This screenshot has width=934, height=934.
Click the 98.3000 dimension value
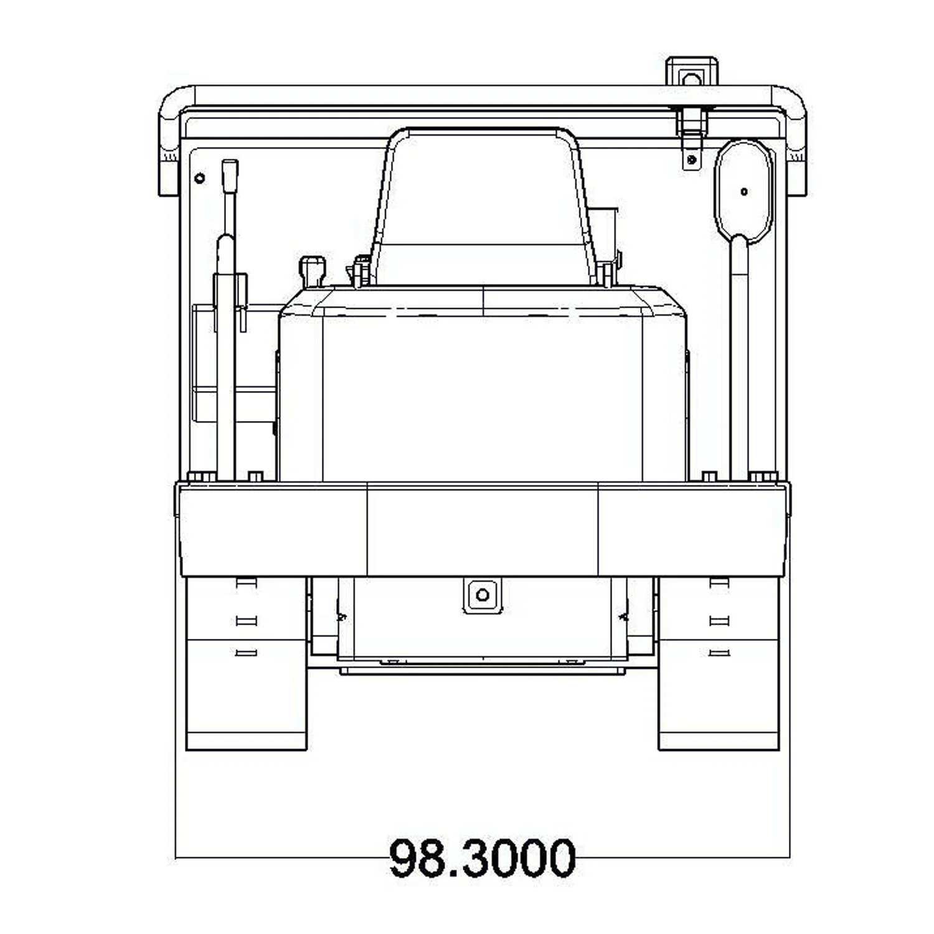(x=483, y=858)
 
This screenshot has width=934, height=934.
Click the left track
(x=247, y=664)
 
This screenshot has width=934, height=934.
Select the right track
(x=719, y=664)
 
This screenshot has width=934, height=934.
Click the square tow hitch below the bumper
(x=483, y=595)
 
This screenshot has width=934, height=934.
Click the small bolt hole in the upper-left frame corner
(x=199, y=179)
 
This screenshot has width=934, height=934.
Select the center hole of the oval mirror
(x=744, y=192)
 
